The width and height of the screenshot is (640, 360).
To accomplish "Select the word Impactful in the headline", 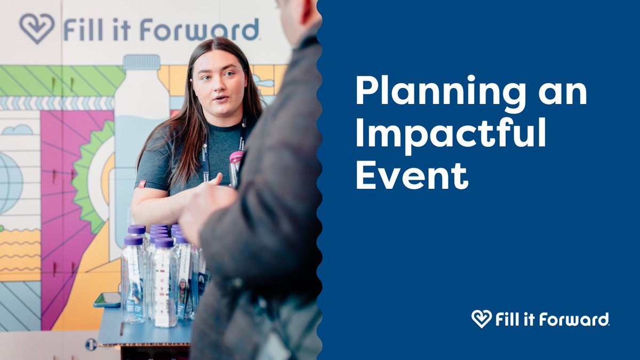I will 451,135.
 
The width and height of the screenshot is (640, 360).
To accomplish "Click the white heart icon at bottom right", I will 481,319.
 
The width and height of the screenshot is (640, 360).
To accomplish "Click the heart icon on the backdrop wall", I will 37,28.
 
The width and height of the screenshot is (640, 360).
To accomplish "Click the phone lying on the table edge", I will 106,300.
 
